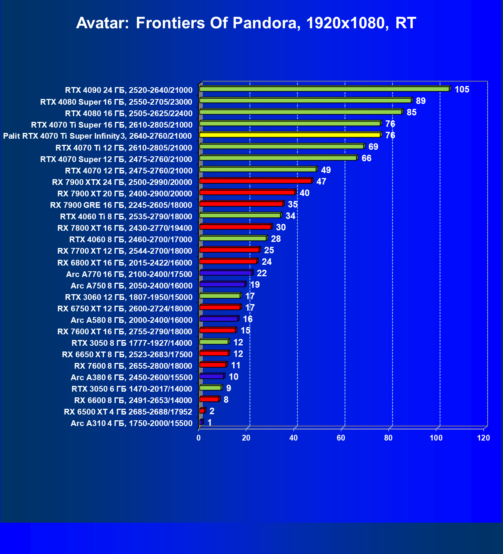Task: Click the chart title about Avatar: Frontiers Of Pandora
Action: click(x=246, y=23)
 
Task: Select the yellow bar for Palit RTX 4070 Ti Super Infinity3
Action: click(x=290, y=135)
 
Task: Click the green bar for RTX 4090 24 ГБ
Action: click(x=324, y=89)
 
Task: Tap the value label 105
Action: click(x=462, y=89)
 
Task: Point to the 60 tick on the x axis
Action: click(x=341, y=438)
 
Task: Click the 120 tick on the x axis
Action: click(x=484, y=438)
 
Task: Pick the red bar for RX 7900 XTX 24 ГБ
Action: click(x=255, y=181)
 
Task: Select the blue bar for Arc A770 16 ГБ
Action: click(x=226, y=273)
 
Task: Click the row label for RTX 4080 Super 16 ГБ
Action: click(x=116, y=102)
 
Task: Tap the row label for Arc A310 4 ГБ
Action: click(x=131, y=423)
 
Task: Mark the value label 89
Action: click(x=421, y=101)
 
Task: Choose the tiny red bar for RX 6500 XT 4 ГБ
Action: click(x=202, y=411)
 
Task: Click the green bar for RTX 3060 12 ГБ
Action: click(x=220, y=296)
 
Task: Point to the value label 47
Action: click(x=321, y=181)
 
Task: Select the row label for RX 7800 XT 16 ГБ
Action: click(x=125, y=228)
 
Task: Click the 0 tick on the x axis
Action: click(x=199, y=438)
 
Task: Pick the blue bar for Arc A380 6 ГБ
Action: click(x=211, y=376)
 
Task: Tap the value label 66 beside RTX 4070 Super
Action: click(x=366, y=158)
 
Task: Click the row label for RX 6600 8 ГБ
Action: click(x=133, y=400)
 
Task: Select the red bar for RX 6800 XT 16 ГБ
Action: click(x=228, y=261)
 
